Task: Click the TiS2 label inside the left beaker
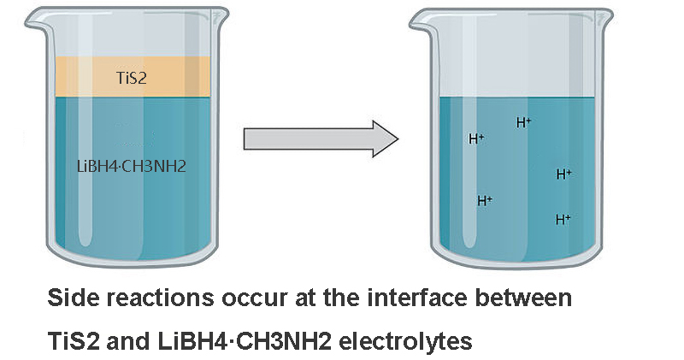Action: (133, 78)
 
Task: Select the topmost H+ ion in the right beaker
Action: (524, 122)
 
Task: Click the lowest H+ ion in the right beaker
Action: (563, 219)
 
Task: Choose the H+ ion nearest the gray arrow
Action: (476, 138)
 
